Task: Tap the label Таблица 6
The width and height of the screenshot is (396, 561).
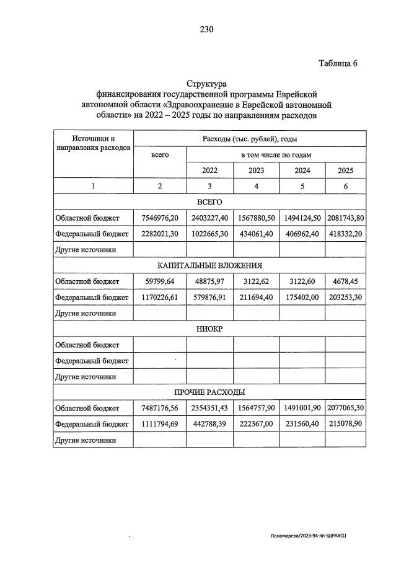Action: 338,63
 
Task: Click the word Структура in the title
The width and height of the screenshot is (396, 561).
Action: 207,84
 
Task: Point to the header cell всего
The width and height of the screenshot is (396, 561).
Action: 160,154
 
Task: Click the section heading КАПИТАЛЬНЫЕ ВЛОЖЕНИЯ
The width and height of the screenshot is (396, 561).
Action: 209,265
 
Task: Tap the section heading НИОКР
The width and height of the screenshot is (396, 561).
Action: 209,329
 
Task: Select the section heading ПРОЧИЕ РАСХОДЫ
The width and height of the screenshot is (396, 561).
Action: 209,392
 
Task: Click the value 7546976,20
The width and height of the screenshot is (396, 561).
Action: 160,218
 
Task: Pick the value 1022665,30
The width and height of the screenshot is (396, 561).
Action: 209,234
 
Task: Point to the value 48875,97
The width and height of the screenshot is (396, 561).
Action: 209,281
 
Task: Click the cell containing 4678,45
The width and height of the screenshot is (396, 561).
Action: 345,281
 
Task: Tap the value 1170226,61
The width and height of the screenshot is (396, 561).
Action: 160,297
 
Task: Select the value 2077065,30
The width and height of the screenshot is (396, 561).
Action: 345,408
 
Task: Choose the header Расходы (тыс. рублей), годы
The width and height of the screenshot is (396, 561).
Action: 249,139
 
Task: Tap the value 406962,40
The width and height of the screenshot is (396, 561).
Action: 302,234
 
